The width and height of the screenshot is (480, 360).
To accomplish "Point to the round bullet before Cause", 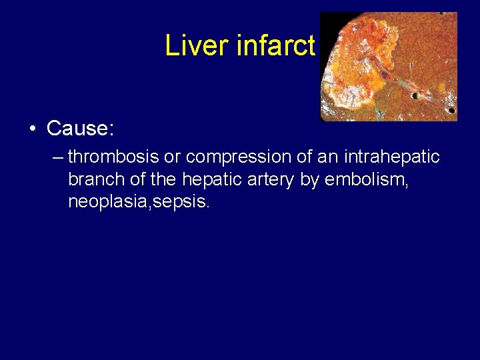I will pos(33,129).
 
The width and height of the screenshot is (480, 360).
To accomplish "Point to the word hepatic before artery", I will pos(214,179).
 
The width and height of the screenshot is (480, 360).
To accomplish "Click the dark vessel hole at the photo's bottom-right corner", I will pos(452,109).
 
